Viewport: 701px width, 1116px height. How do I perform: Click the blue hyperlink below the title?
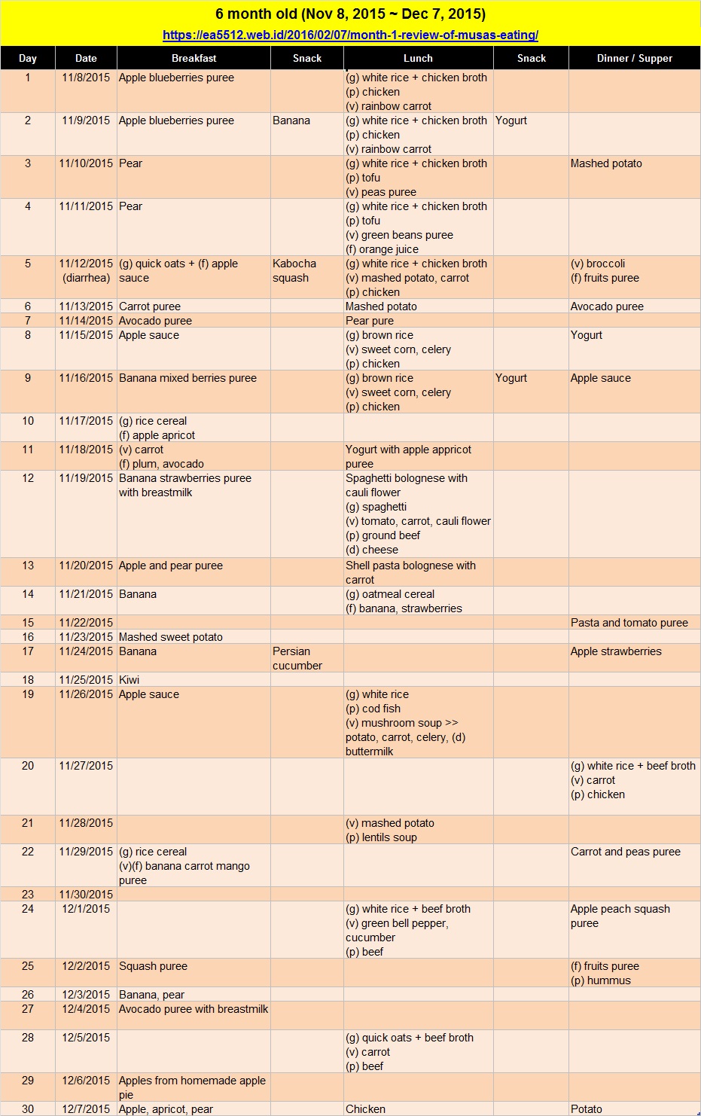pos(350,35)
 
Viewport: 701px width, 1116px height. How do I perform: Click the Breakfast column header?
pos(194,58)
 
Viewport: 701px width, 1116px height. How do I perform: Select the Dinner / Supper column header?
pos(634,58)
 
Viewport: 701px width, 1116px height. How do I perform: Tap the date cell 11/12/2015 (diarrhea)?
pos(86,271)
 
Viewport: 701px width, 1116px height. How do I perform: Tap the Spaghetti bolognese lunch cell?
pos(418,514)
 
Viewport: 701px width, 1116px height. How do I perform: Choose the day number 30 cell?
pos(28,1108)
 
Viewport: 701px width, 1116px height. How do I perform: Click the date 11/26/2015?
pos(86,694)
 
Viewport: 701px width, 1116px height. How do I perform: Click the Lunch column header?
pos(418,58)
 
